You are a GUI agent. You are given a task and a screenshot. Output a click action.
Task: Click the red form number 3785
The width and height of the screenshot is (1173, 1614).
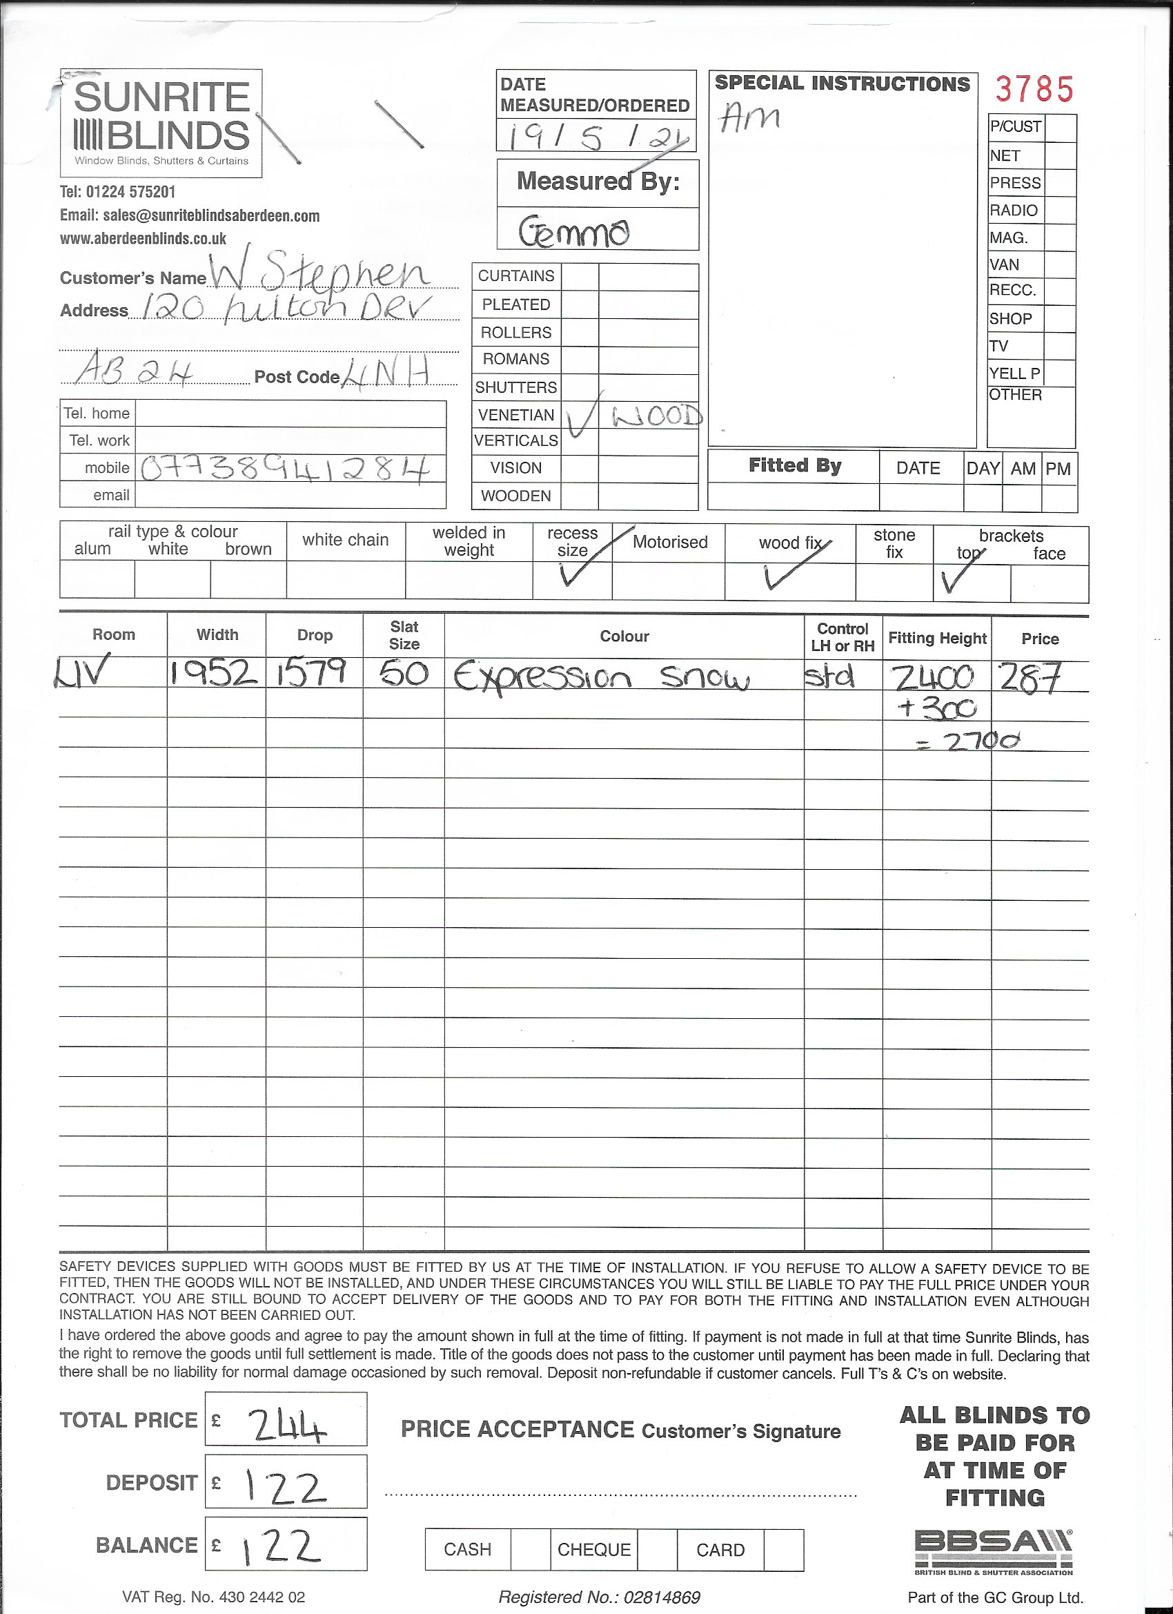1034,90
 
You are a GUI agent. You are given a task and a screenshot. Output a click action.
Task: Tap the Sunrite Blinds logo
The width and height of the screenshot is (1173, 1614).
161,123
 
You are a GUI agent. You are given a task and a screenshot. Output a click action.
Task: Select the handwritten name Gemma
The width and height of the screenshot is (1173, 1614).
574,231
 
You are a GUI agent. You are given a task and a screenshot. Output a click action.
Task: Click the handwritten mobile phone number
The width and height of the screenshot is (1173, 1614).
286,468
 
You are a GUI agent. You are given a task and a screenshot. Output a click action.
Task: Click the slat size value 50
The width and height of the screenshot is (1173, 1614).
404,673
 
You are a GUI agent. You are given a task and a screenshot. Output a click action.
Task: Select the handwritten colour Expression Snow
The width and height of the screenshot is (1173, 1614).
601,677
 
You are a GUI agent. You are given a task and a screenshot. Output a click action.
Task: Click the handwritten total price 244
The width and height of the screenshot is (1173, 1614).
286,1426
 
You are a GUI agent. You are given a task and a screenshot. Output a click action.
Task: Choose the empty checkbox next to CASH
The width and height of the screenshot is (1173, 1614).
530,1550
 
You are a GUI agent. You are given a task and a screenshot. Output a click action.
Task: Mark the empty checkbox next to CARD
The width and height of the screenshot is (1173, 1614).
785,1550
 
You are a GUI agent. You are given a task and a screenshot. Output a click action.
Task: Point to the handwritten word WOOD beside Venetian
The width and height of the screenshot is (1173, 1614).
657,416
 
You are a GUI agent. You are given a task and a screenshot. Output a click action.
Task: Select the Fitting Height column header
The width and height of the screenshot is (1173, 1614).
937,638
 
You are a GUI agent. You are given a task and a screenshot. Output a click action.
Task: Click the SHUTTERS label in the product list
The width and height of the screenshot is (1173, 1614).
515,387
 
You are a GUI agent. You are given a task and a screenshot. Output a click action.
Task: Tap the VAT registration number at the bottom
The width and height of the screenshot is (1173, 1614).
213,1597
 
